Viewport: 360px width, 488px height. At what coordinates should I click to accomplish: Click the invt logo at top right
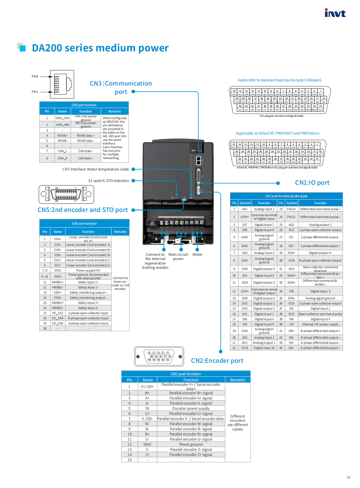(x=335, y=13)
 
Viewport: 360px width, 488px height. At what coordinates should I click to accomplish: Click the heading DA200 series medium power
(x=100, y=48)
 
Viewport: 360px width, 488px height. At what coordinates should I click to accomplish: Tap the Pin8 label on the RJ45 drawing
(x=35, y=76)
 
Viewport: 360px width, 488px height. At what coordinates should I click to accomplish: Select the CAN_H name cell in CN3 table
(x=63, y=158)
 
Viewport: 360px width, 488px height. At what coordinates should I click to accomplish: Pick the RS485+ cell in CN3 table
(x=63, y=135)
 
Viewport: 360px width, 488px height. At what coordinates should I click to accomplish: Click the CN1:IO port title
(x=312, y=183)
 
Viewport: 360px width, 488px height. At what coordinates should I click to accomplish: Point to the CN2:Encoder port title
(x=217, y=361)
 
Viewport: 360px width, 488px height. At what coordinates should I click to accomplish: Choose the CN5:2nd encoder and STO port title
(x=83, y=210)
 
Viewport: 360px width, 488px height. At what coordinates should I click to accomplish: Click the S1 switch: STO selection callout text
(x=109, y=181)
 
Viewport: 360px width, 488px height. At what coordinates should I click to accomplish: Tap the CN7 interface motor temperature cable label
(x=96, y=169)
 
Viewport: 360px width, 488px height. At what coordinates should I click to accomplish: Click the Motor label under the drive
(x=197, y=255)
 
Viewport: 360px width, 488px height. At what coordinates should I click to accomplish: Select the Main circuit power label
(x=178, y=257)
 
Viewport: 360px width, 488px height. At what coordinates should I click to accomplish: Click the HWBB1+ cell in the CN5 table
(x=57, y=282)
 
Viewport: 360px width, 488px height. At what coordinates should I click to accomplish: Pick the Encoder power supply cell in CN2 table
(x=191, y=408)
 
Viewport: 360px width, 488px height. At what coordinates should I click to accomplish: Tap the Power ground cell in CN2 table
(x=191, y=444)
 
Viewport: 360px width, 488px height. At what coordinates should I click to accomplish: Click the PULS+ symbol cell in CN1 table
(x=291, y=209)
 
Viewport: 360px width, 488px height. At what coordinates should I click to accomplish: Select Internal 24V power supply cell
(x=320, y=324)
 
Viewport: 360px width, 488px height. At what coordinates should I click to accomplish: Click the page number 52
(x=349, y=477)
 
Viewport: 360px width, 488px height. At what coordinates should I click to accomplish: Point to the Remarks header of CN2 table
(x=238, y=380)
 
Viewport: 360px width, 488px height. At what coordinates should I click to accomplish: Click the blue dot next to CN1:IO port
(x=278, y=183)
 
